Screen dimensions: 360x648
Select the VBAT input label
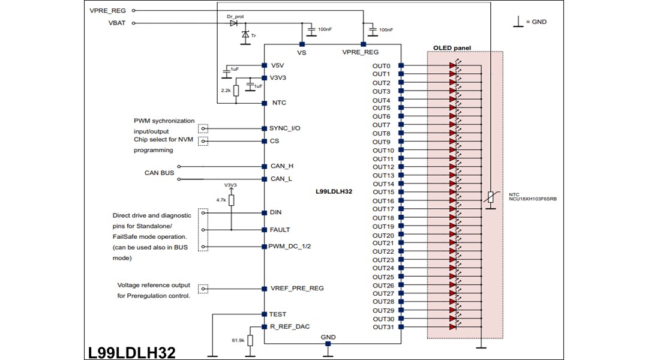[116, 23]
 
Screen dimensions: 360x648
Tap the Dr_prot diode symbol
[233, 23]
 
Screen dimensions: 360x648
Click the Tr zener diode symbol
[245, 35]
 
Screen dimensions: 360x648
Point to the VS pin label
[302, 53]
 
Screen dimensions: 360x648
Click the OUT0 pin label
[381, 66]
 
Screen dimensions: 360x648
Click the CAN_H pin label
[281, 166]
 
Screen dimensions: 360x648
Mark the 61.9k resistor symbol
[250, 341]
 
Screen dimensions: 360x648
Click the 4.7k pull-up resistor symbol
[231, 200]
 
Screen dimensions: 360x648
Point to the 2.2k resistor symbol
[236, 91]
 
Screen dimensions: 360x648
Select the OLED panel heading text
[452, 48]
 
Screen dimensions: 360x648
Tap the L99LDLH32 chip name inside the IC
[334, 192]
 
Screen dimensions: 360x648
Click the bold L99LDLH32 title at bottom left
[131, 352]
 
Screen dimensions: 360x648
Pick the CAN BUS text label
[159, 173]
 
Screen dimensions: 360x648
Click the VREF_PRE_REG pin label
[297, 289]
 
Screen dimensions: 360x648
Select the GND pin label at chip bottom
[328, 337]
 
